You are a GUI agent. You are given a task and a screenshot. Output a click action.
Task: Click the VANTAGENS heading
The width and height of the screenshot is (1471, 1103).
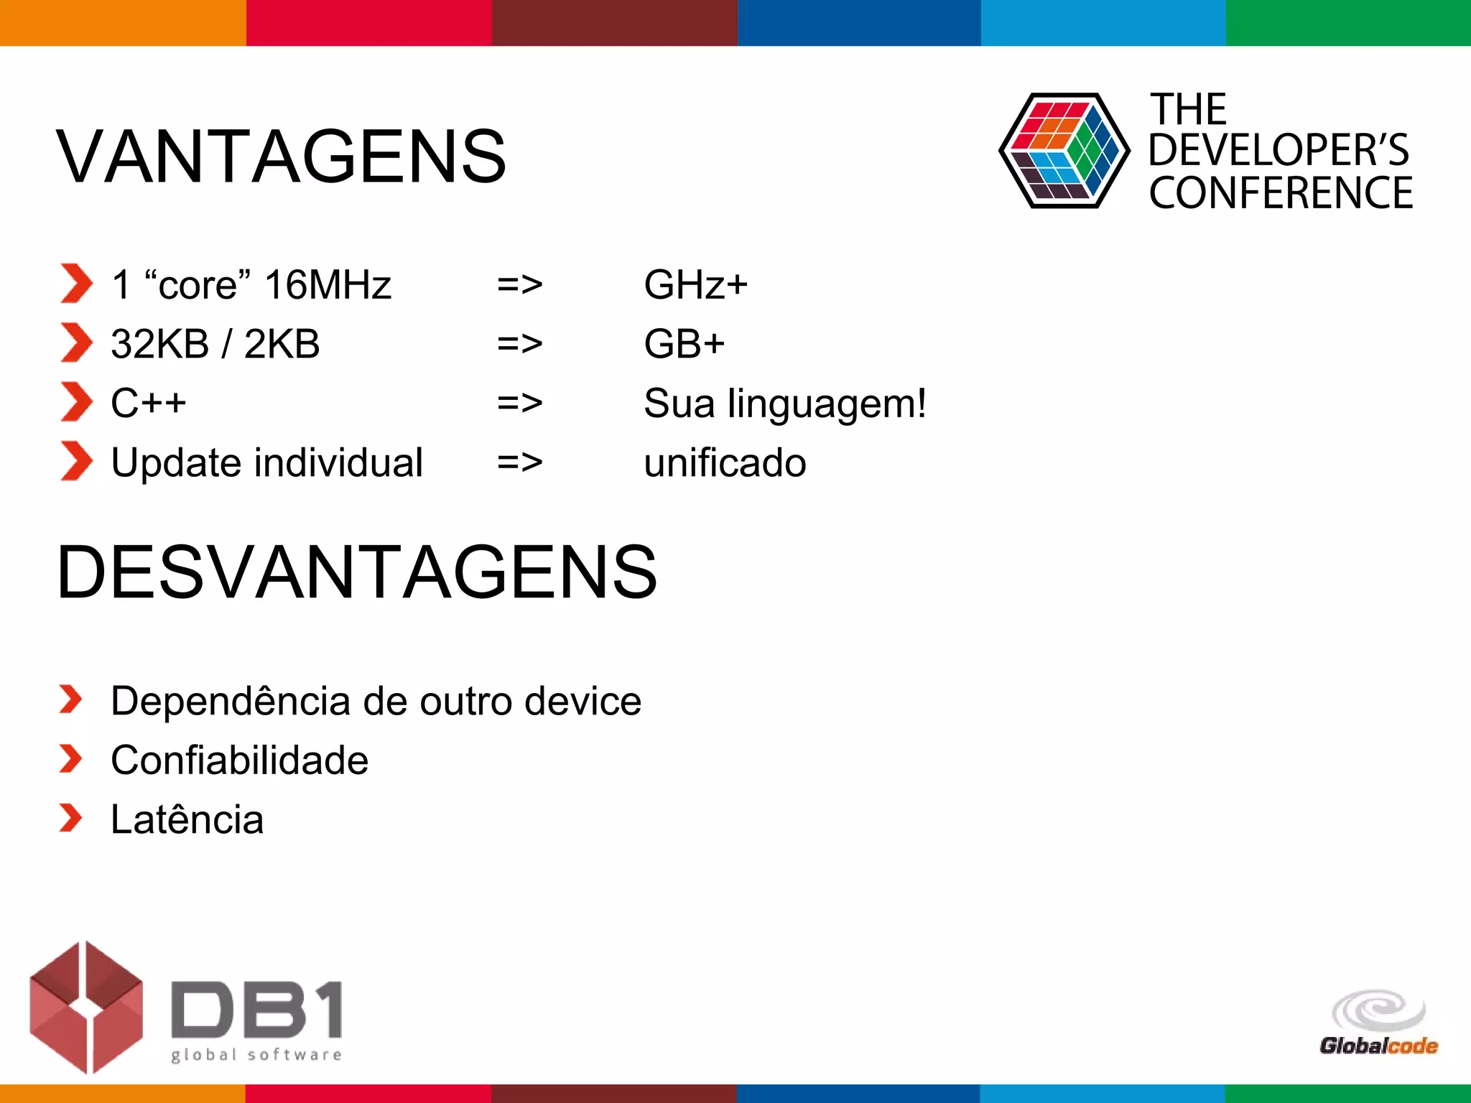[x=282, y=157]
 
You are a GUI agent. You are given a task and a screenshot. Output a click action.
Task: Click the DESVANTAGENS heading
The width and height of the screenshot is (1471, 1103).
[x=357, y=572]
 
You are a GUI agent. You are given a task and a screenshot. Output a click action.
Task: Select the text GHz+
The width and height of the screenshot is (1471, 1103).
[x=695, y=284]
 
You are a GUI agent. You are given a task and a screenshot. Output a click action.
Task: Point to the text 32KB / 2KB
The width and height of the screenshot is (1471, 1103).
[x=215, y=344]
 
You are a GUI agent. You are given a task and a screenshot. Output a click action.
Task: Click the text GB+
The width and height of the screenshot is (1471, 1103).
[x=684, y=344]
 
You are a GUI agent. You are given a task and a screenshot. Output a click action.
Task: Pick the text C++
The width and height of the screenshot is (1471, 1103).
[x=149, y=403]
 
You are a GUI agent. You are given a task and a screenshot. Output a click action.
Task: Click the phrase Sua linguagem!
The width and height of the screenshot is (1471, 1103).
[x=785, y=403]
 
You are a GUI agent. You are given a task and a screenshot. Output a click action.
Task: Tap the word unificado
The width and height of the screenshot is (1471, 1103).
[x=725, y=462]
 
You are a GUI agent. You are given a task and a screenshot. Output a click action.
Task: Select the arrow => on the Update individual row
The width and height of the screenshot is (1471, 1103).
[x=519, y=462]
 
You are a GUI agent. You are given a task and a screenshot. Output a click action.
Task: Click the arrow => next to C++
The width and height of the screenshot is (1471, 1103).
[x=519, y=403]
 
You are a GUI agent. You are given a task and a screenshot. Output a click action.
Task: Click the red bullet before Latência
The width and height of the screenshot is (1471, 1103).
[x=70, y=818]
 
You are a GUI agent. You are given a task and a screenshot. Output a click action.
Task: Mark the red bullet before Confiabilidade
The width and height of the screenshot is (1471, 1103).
[x=70, y=759]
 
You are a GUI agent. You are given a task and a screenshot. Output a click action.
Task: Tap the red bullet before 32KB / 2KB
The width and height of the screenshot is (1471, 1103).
[x=76, y=343]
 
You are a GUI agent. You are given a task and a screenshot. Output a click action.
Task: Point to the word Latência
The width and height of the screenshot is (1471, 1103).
[x=187, y=819]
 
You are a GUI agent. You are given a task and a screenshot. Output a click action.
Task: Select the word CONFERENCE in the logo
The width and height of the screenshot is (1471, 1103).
[x=1281, y=193]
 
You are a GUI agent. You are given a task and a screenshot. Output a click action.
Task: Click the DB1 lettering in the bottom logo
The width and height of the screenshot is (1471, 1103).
[x=256, y=1010]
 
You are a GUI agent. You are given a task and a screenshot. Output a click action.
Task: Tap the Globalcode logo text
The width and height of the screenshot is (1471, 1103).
[x=1378, y=1046]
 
